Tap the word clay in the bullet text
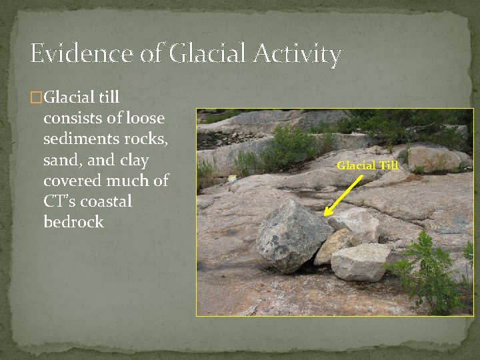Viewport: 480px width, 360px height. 132,161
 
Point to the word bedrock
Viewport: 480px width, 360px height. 73,222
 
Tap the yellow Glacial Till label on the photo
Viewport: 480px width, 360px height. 367,165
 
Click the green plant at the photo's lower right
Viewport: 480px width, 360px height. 430,273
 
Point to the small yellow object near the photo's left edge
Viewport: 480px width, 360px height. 232,179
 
